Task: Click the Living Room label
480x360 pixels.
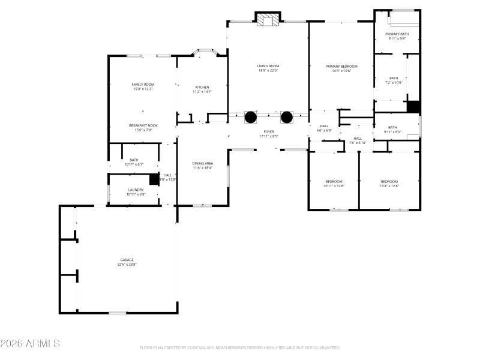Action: (268, 66)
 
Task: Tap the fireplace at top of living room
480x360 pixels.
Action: (268, 20)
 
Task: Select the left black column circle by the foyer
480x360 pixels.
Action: (250, 117)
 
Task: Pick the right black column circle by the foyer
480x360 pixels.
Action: (286, 117)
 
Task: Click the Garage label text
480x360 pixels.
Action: (126, 260)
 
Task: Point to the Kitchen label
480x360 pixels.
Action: (202, 87)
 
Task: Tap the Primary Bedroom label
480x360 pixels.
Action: (341, 66)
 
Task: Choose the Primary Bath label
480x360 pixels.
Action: (397, 34)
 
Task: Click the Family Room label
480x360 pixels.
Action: (143, 85)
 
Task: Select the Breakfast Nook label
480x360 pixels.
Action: (143, 125)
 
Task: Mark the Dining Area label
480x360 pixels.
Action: (202, 163)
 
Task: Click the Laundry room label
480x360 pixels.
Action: (136, 190)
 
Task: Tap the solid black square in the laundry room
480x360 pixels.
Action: (154, 179)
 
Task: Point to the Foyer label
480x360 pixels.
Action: (268, 131)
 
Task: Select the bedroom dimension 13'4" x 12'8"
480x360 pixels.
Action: (389, 186)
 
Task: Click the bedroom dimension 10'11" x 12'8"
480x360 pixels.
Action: (334, 186)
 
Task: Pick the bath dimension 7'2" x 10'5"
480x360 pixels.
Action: (393, 82)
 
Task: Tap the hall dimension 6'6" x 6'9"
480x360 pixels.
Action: (324, 130)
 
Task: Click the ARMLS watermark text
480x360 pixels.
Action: (30, 344)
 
